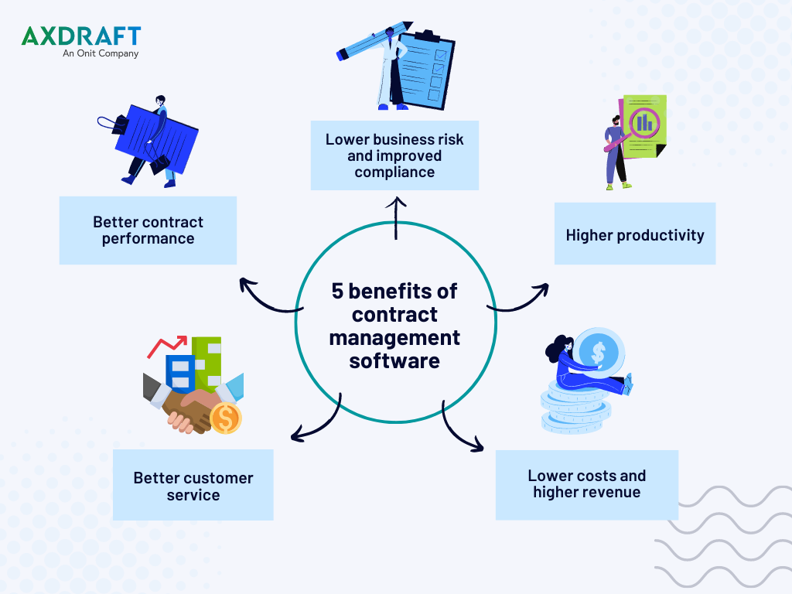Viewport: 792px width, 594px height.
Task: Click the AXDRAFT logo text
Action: [81, 36]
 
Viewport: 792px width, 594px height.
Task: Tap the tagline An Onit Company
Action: [101, 53]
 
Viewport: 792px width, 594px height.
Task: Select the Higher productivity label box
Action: [635, 234]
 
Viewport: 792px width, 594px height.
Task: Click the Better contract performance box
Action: [148, 230]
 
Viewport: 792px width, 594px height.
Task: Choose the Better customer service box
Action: [193, 485]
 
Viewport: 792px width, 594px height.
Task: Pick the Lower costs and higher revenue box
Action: [587, 485]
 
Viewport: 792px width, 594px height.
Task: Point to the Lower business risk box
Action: [394, 155]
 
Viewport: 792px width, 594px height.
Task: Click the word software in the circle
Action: [394, 361]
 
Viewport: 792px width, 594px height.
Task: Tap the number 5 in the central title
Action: [337, 292]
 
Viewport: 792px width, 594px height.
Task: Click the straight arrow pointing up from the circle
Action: [396, 218]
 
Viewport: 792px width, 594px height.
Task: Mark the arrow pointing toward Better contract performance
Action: [265, 301]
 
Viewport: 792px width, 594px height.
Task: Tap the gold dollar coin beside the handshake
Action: [226, 418]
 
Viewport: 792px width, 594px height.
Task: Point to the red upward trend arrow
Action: [167, 346]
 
